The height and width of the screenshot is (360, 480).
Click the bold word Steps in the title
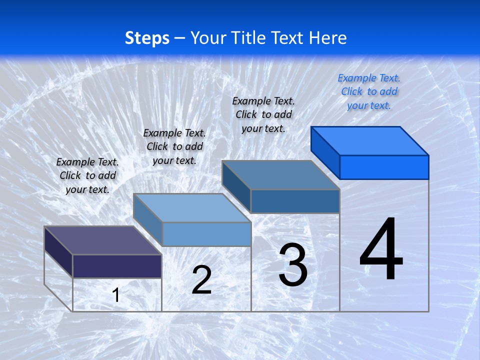click(x=147, y=38)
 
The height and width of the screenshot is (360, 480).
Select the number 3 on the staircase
click(x=293, y=265)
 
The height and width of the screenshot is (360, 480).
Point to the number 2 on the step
click(x=201, y=280)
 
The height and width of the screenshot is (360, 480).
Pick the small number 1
click(x=116, y=295)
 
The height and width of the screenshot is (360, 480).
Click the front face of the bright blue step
click(x=384, y=167)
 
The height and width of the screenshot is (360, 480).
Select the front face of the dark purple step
click(x=117, y=266)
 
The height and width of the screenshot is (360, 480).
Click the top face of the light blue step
click(x=192, y=208)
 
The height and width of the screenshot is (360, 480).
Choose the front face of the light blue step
click(x=206, y=234)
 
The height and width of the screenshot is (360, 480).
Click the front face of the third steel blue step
click(x=295, y=201)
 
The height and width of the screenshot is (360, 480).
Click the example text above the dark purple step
click(x=87, y=175)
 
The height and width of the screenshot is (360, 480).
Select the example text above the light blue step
click(x=174, y=146)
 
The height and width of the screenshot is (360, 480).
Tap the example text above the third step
click(x=263, y=114)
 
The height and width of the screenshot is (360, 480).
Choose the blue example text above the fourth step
click(x=369, y=91)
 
